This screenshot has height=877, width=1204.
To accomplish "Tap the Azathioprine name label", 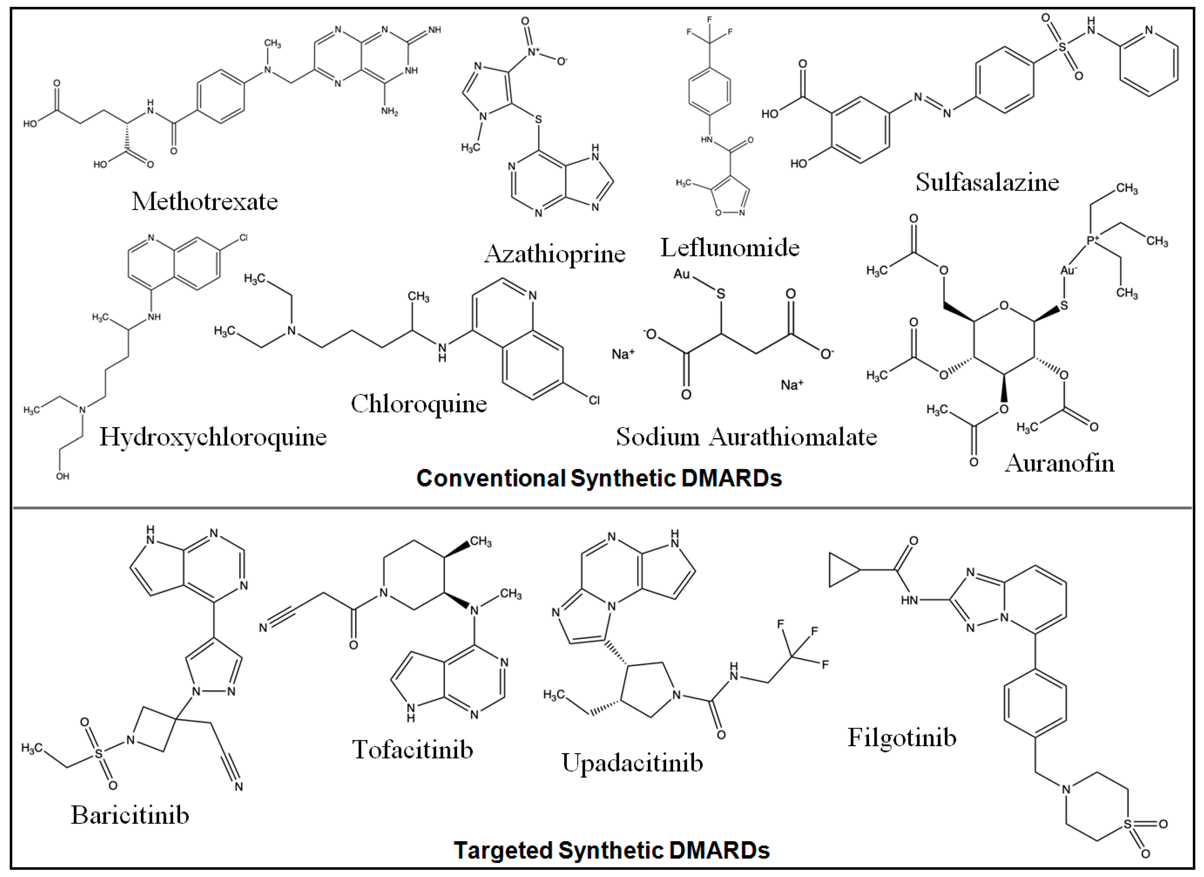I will tap(554, 254).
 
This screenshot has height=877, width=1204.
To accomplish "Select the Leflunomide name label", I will tap(729, 247).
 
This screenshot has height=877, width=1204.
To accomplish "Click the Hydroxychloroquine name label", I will tap(213, 437).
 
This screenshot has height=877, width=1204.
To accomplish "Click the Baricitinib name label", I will tap(130, 815).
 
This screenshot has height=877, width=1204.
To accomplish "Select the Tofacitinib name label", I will tap(413, 749).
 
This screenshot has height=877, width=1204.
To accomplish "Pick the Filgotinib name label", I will tap(902, 737).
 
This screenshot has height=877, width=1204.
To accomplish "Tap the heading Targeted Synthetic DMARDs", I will tap(611, 850).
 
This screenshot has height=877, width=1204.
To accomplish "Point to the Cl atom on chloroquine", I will tap(594, 399).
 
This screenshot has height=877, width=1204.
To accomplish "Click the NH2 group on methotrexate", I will tap(389, 112).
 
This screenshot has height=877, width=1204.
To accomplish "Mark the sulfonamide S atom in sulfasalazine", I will tap(1062, 47).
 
